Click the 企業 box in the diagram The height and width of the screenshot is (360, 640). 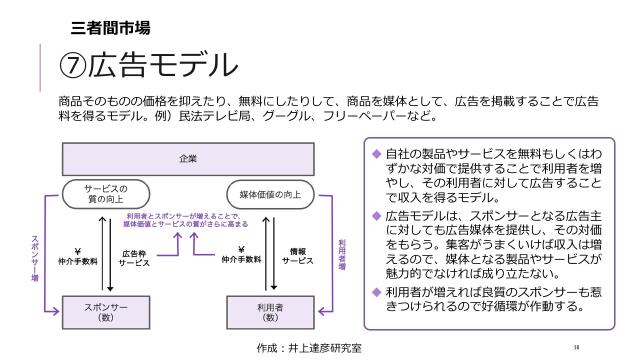188,158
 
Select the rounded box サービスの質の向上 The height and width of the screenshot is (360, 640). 103,192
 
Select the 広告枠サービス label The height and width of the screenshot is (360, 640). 135,257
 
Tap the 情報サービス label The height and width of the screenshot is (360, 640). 297,257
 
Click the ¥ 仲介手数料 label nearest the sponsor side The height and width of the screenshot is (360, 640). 78,256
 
